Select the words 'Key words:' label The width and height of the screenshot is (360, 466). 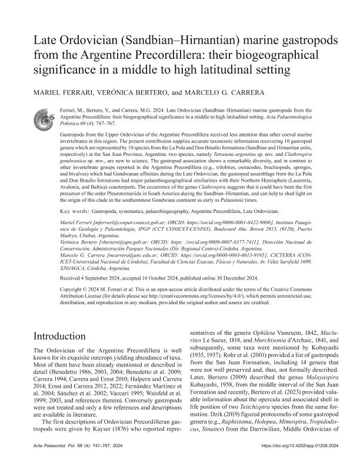click(80, 211)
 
